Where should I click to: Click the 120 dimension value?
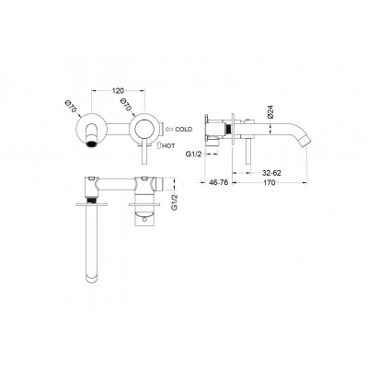tap(118, 90)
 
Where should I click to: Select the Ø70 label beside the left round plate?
tap(70, 107)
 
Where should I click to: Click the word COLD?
tap(184, 129)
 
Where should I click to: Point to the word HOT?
tap(168, 146)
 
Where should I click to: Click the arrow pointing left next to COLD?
tap(168, 129)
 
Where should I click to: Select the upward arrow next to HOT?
tap(159, 145)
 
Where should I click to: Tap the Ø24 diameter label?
tap(270, 112)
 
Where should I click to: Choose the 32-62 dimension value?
tap(271, 173)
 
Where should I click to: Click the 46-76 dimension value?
tap(218, 182)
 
